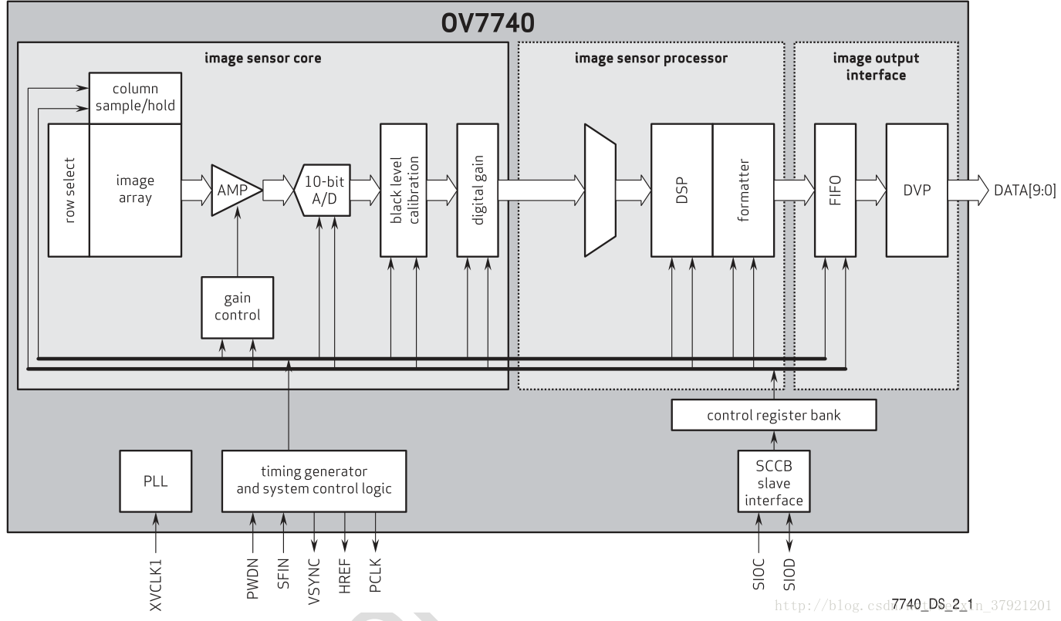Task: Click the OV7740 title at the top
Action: (487, 22)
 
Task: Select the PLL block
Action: (155, 481)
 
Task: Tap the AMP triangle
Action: (233, 189)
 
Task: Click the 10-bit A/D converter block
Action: (323, 189)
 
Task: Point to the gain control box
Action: (237, 307)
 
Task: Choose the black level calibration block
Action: (403, 189)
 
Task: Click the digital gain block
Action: (478, 189)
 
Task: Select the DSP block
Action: (681, 189)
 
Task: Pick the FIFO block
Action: (834, 189)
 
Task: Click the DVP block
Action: (917, 189)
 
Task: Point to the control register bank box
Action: (774, 416)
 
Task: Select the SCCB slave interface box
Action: (773, 483)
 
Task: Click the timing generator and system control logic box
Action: (313, 481)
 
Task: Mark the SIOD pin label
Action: (789, 574)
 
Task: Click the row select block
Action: (69, 189)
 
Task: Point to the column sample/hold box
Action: (136, 98)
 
